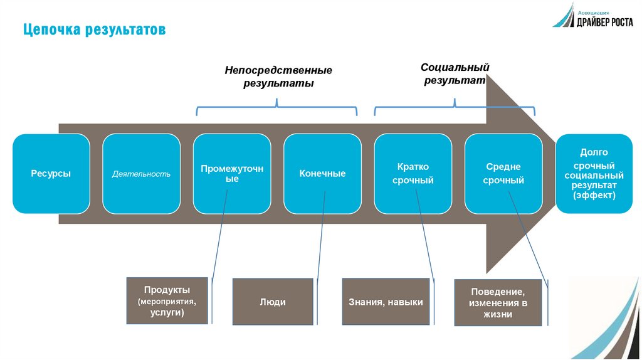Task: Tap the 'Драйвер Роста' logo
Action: coord(592,16)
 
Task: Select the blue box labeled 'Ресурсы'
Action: coord(51,174)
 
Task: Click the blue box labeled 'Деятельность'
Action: coord(141,174)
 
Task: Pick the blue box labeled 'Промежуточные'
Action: coord(232,174)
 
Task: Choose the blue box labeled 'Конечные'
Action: coord(322,174)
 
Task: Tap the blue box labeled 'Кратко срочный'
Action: coord(413,174)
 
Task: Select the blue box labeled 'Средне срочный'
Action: coord(503,174)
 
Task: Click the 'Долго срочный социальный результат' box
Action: coord(594,174)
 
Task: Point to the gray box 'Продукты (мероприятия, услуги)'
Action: coord(167,300)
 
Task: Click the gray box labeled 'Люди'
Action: coord(273,302)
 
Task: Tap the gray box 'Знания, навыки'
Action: coord(386,302)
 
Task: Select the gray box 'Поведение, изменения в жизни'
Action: coord(498,302)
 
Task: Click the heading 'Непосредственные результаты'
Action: coord(278,77)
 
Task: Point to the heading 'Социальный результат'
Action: coord(455,73)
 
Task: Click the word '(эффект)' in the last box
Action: coord(594,196)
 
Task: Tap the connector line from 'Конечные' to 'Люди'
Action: coord(321,245)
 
